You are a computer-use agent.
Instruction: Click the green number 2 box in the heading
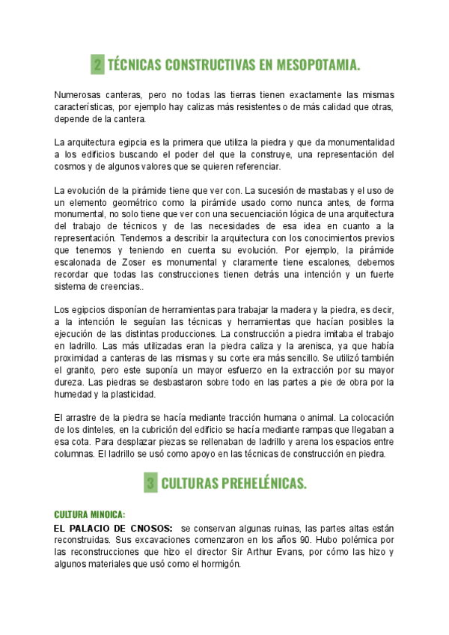click(97, 65)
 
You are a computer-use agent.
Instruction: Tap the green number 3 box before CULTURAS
click(151, 484)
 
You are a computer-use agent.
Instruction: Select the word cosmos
click(70, 167)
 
